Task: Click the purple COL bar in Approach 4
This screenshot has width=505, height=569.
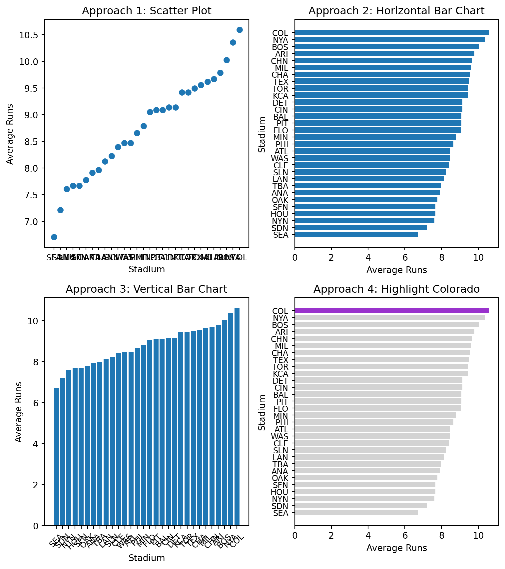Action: tap(391, 311)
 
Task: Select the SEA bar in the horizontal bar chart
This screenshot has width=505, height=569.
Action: tap(356, 234)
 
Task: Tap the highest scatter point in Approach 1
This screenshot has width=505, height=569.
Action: tap(240, 30)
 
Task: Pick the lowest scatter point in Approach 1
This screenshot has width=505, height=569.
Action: tap(54, 237)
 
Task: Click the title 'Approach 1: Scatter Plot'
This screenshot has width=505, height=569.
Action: tap(147, 11)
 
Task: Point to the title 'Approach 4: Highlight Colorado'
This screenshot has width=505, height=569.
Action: tap(396, 289)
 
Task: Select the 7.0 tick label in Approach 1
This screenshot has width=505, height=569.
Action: tap(33, 222)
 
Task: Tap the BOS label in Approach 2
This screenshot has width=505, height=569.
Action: tap(280, 47)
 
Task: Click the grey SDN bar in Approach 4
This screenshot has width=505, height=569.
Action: tap(360, 506)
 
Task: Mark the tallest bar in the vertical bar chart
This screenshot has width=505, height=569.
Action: tap(237, 417)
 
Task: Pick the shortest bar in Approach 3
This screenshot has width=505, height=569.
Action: tap(56, 457)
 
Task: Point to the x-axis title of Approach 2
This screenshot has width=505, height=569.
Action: tap(396, 270)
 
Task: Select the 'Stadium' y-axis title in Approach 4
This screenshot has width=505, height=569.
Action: tap(262, 412)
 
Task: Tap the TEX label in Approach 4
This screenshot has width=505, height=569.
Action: tap(280, 360)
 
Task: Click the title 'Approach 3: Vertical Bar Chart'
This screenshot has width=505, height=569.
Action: tap(147, 289)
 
